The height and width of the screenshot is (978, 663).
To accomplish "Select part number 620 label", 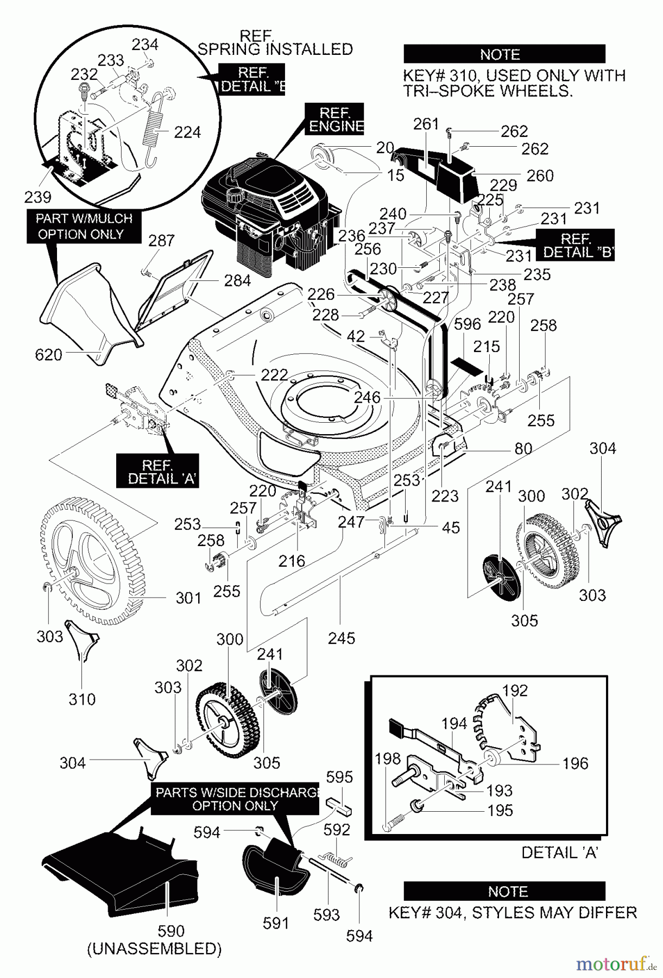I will pos(48,355).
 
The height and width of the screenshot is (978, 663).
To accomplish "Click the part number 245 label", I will pos(342,638).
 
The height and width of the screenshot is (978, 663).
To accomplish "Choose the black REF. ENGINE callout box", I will pos(334,119).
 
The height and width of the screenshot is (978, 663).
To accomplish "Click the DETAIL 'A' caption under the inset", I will pos(559,852).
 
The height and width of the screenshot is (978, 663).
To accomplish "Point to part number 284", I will pos(237,280).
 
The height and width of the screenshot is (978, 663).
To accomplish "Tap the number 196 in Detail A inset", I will pos(575,763).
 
